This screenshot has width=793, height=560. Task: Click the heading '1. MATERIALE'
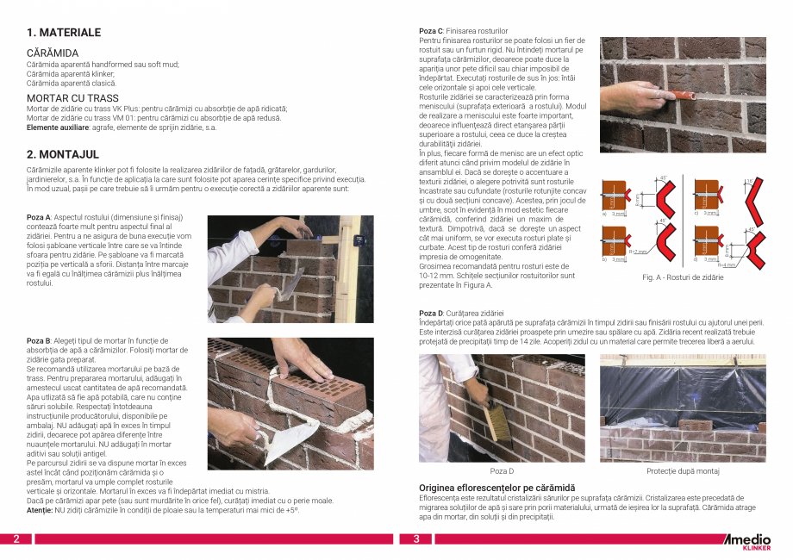coord(64,33)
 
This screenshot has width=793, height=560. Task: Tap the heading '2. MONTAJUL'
coord(63,154)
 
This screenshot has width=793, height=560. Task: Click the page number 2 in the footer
coord(16,539)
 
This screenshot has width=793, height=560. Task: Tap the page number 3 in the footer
coord(416,539)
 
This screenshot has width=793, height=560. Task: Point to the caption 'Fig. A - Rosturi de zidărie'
coord(682,277)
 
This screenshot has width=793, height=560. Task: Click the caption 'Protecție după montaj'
coord(682,471)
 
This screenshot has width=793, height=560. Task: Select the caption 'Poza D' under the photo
coord(502,471)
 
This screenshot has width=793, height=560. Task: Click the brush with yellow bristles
coord(495,423)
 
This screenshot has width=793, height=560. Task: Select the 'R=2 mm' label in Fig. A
coord(638,252)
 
